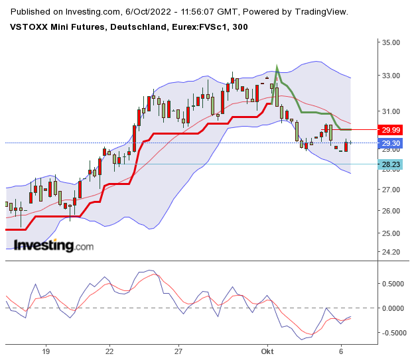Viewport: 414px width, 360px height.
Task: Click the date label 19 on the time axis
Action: click(x=46, y=351)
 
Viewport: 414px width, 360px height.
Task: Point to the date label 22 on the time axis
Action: click(x=109, y=351)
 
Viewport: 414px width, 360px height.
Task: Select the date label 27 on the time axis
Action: click(x=178, y=351)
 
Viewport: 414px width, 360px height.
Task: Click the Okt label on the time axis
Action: click(x=268, y=351)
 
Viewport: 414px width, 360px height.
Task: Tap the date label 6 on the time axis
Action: click(x=340, y=351)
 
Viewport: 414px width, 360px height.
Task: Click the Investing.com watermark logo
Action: click(x=54, y=245)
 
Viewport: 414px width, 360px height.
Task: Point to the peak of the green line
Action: click(x=277, y=66)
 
